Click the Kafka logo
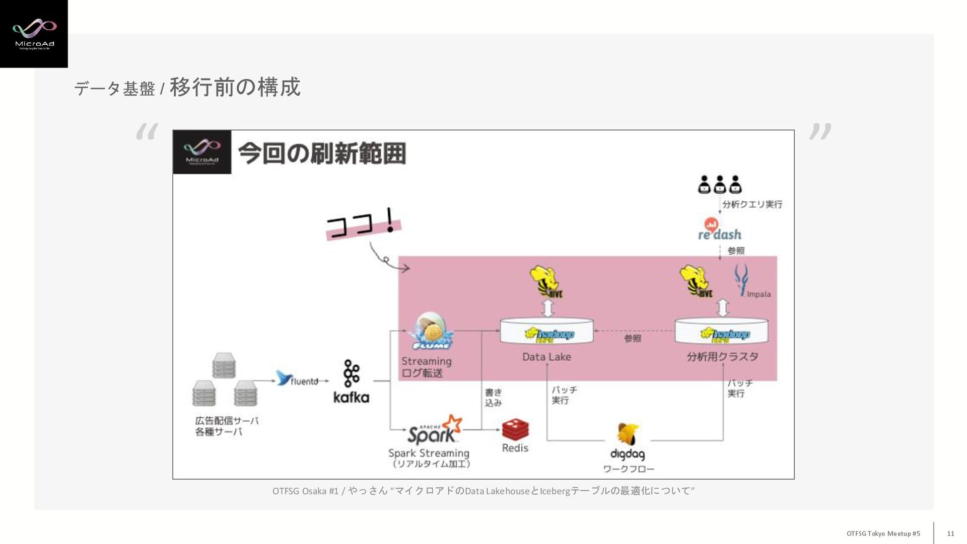(x=351, y=381)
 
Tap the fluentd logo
(x=297, y=379)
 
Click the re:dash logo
(x=719, y=229)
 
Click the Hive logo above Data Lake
(x=546, y=282)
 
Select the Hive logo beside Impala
(x=697, y=282)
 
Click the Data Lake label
(x=546, y=357)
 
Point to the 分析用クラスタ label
(x=722, y=357)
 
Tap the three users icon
(x=720, y=185)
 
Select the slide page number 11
(x=950, y=533)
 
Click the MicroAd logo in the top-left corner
(x=34, y=34)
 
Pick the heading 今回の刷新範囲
(x=322, y=153)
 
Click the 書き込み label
(x=493, y=398)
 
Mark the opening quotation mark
(x=147, y=132)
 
